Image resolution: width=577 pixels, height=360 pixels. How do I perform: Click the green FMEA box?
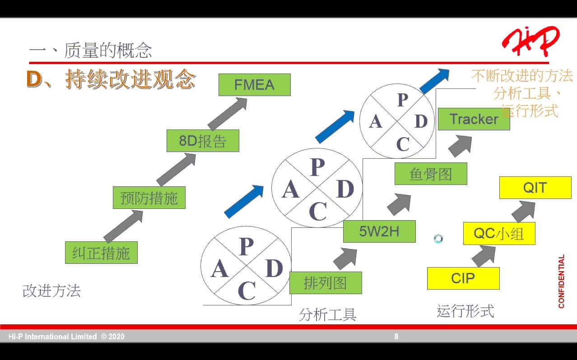(x=254, y=85)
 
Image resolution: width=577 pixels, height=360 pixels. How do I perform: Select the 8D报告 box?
(x=203, y=141)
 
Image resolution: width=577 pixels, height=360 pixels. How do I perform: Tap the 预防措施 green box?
(x=149, y=198)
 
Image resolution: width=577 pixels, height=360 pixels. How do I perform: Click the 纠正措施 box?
(x=101, y=253)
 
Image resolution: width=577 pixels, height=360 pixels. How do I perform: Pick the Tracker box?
(x=474, y=119)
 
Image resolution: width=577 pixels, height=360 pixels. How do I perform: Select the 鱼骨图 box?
(x=431, y=174)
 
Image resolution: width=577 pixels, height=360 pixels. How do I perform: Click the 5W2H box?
(x=379, y=231)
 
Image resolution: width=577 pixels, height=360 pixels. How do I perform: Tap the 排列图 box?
(x=326, y=283)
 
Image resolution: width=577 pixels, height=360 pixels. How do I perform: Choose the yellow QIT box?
(x=535, y=188)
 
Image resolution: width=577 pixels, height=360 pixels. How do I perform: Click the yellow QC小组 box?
(x=499, y=234)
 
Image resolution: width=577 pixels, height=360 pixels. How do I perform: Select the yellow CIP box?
(x=463, y=278)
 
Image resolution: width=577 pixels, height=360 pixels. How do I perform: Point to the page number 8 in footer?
(x=396, y=337)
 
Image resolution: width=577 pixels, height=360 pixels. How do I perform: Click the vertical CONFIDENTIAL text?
(x=561, y=282)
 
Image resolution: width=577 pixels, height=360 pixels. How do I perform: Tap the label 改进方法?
(x=51, y=291)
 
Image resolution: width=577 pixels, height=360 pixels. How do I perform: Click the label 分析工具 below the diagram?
(x=327, y=314)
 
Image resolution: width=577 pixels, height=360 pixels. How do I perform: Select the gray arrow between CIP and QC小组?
(x=484, y=256)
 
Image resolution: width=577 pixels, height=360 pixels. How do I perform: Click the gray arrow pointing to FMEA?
(x=228, y=114)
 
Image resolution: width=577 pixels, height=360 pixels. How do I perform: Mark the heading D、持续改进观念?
(x=112, y=79)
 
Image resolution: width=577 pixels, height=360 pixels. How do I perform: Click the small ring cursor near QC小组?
(x=438, y=239)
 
